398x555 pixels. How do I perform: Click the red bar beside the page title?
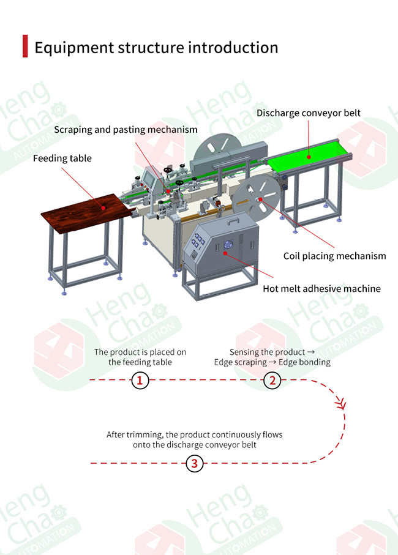coord(25,47)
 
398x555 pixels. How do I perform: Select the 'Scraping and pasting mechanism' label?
coord(126,130)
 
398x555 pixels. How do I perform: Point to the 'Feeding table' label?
coord(62,158)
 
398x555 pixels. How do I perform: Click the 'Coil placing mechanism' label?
coord(334,256)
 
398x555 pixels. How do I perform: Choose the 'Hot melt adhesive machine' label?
coord(321,289)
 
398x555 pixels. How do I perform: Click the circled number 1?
coord(140,381)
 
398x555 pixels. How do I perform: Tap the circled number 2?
coord(272,381)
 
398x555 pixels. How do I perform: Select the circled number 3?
coord(194,463)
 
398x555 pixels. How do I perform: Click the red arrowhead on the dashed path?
coord(340,404)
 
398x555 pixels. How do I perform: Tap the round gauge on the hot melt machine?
coord(228,245)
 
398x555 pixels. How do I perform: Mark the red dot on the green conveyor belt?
coord(309,157)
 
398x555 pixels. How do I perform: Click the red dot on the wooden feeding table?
coord(104,207)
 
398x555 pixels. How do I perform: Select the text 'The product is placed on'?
coord(140,352)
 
